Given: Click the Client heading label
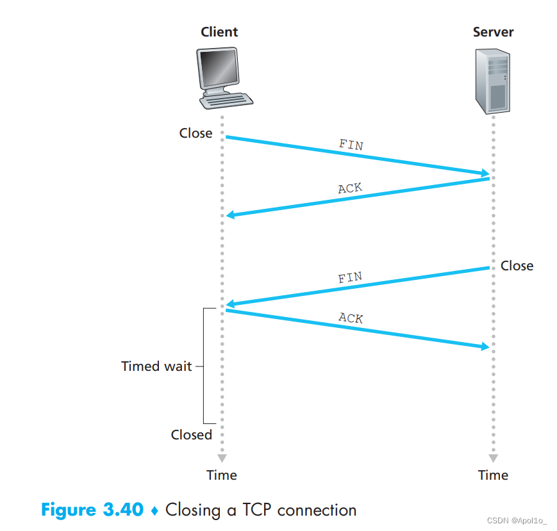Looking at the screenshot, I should [x=219, y=31].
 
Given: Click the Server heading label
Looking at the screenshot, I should [x=493, y=31].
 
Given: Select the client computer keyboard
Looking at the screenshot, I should [x=226, y=101].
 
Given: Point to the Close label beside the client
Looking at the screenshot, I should [x=195, y=133].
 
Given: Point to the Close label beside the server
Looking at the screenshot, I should [x=517, y=265].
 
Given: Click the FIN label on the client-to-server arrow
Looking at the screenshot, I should [x=351, y=145].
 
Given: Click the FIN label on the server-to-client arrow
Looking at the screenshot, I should [x=350, y=278].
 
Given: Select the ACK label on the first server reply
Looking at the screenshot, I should [x=350, y=188].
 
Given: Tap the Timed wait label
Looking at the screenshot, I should [x=156, y=366].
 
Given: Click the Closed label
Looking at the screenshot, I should [x=191, y=434].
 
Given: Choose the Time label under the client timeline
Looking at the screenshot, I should [x=222, y=475].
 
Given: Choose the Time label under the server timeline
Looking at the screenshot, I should [x=493, y=475].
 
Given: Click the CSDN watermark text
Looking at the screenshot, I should [x=512, y=521].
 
